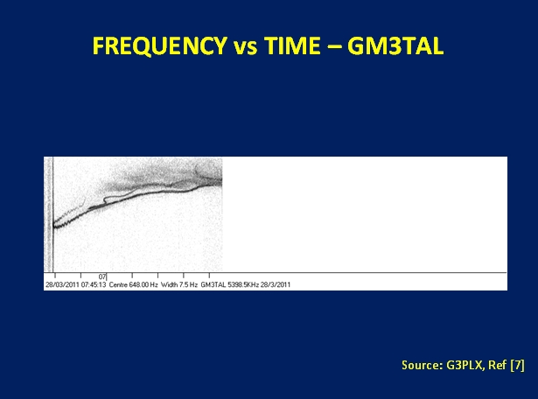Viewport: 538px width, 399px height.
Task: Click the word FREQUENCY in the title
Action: pyautogui.click(x=160, y=46)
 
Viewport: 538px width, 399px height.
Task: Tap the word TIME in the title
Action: pyautogui.click(x=292, y=45)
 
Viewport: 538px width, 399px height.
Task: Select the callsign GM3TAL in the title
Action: pyautogui.click(x=395, y=45)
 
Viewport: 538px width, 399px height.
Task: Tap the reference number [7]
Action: pyautogui.click(x=517, y=365)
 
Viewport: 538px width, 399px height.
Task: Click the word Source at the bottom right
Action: pyautogui.click(x=422, y=365)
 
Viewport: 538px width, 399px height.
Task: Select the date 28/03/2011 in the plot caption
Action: pyautogui.click(x=62, y=284)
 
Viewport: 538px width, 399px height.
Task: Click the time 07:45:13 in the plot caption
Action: pyautogui.click(x=94, y=284)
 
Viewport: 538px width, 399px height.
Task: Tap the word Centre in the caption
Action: pyautogui.click(x=118, y=284)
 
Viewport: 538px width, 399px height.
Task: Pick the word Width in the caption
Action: pyautogui.click(x=169, y=284)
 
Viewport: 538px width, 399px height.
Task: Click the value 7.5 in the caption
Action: pyautogui.click(x=184, y=284)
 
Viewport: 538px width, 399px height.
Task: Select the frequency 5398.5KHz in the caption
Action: pyautogui.click(x=243, y=284)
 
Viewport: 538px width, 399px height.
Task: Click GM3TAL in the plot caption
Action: pyautogui.click(x=213, y=284)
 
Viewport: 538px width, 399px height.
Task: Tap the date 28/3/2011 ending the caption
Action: pyautogui.click(x=276, y=284)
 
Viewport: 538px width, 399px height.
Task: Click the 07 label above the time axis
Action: pyautogui.click(x=102, y=276)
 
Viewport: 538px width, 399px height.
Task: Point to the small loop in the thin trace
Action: pyautogui.click(x=107, y=199)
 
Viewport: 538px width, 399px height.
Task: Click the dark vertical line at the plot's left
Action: pyautogui.click(x=53, y=214)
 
